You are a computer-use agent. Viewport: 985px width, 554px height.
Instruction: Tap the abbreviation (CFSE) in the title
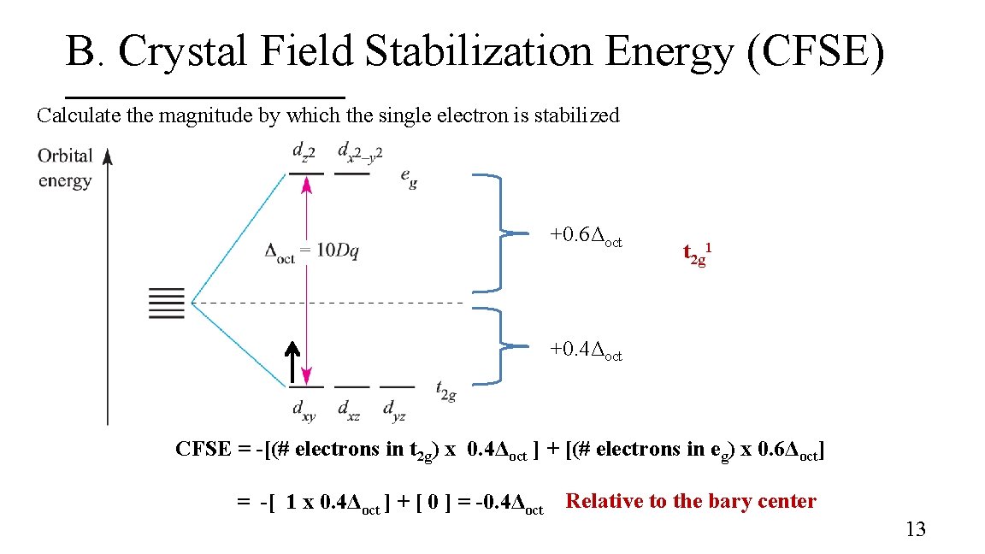click(x=816, y=51)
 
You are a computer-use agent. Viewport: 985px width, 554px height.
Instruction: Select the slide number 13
click(x=915, y=530)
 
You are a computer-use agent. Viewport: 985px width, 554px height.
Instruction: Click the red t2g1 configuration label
click(x=697, y=254)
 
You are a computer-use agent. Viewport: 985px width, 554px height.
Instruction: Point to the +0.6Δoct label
click(x=586, y=235)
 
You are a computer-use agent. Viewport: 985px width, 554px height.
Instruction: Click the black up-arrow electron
click(x=292, y=363)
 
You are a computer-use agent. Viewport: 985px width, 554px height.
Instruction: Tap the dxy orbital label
click(x=304, y=410)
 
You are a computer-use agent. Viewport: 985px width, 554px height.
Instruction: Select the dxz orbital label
click(x=348, y=410)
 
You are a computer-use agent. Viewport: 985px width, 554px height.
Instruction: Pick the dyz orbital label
click(x=394, y=410)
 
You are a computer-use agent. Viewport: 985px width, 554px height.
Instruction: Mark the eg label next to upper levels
click(x=410, y=178)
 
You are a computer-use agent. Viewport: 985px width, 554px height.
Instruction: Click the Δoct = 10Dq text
click(x=313, y=251)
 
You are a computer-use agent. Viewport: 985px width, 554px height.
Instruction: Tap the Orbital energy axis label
click(x=65, y=168)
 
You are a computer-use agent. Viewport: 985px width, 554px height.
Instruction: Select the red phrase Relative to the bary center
click(x=691, y=502)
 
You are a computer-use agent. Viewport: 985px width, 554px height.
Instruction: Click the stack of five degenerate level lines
click(x=167, y=304)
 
